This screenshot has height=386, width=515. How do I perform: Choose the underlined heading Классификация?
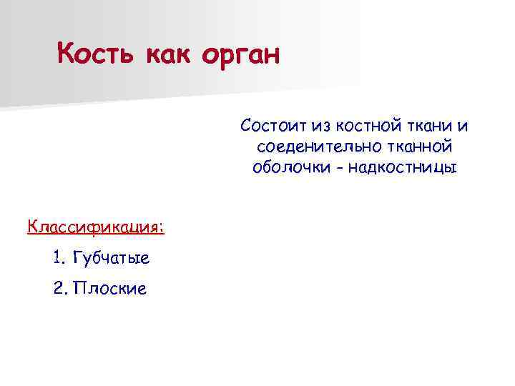[96, 227]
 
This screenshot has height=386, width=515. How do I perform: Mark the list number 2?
[58, 289]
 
